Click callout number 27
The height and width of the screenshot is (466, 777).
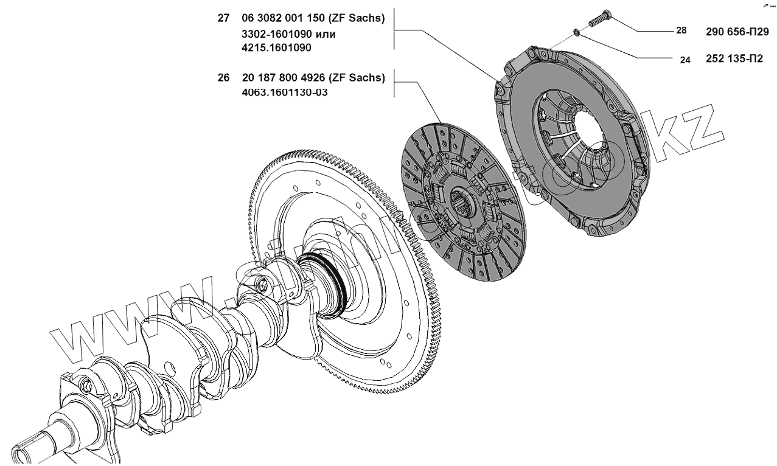pyautogui.click(x=223, y=19)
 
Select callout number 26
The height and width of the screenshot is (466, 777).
pyautogui.click(x=223, y=78)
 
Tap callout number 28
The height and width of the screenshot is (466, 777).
pyautogui.click(x=681, y=30)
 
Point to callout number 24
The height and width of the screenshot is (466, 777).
pyautogui.click(x=685, y=61)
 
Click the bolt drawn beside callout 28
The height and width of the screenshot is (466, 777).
pyautogui.click(x=599, y=18)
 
